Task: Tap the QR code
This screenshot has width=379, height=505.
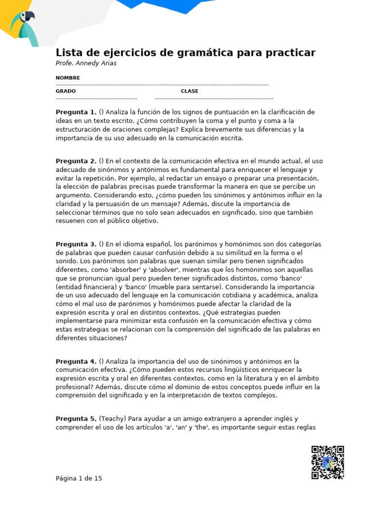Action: click(327, 462)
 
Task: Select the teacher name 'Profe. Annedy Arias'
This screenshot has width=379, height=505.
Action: click(86, 63)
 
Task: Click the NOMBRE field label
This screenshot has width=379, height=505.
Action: click(68, 78)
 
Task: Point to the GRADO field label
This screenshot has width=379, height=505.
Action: click(66, 91)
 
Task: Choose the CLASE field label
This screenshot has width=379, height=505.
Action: click(189, 91)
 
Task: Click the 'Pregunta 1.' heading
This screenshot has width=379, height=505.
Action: click(76, 112)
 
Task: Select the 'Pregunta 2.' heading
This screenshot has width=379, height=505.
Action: click(76, 161)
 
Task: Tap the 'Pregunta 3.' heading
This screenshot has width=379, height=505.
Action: click(76, 244)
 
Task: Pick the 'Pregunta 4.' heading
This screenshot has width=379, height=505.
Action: click(76, 361)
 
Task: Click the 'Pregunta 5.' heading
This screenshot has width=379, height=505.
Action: click(76, 419)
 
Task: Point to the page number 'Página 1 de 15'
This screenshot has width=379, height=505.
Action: click(79, 478)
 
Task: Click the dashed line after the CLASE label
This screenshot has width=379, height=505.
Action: click(214, 99)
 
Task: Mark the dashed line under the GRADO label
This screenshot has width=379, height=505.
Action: click(96, 99)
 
